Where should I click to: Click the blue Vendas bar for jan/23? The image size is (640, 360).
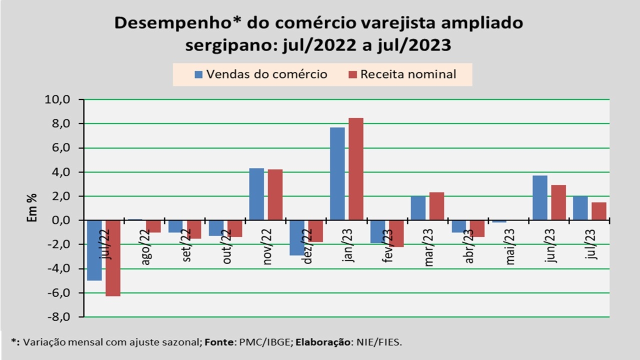click(x=337, y=173)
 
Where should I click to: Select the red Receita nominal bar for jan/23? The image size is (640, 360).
click(x=356, y=169)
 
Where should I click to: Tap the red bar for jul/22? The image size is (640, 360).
click(x=112, y=258)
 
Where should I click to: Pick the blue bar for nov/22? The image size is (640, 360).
click(x=256, y=194)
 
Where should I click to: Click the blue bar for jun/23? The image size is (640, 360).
click(x=540, y=197)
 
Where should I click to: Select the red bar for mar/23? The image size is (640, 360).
click(x=436, y=206)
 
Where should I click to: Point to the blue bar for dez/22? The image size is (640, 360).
click(x=297, y=238)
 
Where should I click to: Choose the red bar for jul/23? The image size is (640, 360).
click(x=599, y=211)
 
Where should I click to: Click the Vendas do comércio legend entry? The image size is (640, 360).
click(x=261, y=74)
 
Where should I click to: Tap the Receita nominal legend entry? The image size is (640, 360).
click(x=402, y=74)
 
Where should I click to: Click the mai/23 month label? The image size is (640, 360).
click(x=510, y=246)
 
